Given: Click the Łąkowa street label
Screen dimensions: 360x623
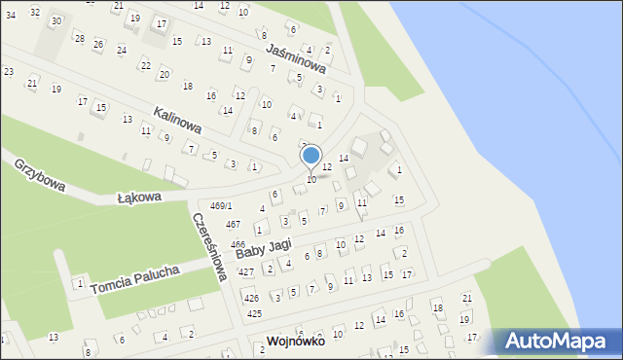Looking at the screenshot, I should (x=138, y=198).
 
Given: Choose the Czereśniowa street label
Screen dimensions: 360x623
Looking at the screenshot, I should (x=210, y=247).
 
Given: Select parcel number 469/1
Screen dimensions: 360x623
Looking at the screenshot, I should (x=222, y=206).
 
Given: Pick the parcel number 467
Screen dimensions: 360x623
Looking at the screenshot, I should (x=233, y=225).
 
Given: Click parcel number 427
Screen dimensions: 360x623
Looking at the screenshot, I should (x=247, y=272).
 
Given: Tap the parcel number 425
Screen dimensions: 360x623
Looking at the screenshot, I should (x=254, y=314).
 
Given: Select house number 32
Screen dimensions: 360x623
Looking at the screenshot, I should (x=35, y=12).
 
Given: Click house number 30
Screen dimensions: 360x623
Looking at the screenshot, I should (x=55, y=20).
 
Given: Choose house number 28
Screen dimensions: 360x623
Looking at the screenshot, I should (x=79, y=37).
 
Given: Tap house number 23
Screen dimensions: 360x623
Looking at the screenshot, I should (x=9, y=72).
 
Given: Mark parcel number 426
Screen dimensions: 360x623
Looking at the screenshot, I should (x=251, y=298).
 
